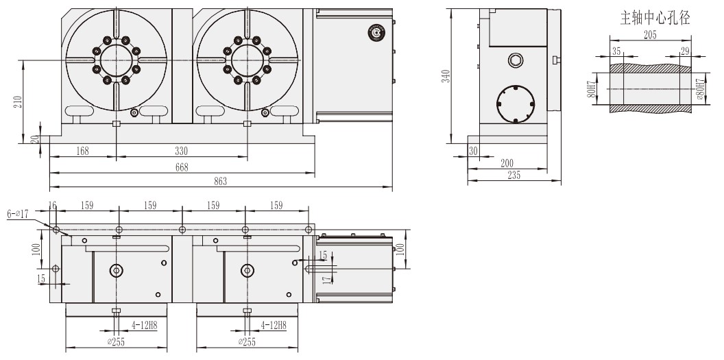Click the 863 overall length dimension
coord(221,182)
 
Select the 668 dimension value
coord(182,167)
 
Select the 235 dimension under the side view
coord(514,176)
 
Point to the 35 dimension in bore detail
coord(616,51)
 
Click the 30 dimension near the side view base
coord(472,151)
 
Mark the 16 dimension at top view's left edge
coord(53,205)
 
